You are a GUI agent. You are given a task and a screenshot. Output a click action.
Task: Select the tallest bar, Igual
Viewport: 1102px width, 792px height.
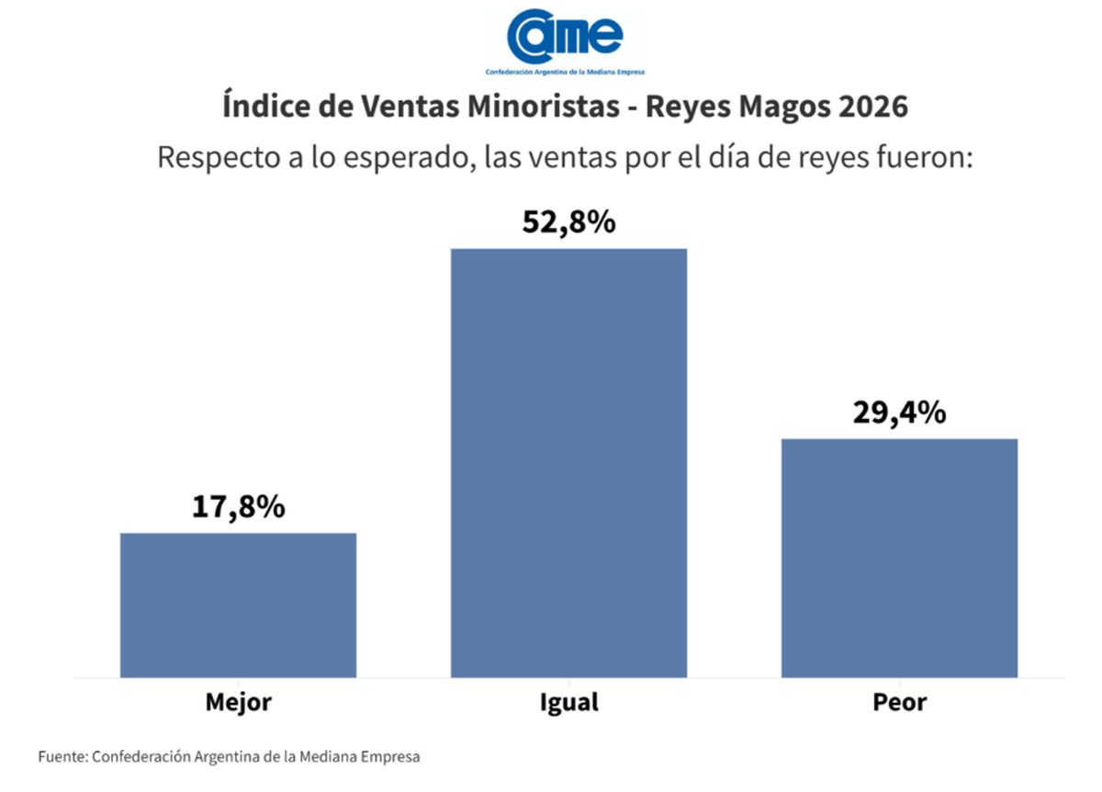568,463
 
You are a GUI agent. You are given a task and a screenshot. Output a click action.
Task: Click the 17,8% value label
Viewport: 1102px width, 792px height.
239,506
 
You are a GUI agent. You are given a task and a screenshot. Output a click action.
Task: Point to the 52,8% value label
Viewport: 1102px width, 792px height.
568,222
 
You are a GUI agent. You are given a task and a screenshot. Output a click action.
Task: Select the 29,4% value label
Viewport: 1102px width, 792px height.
899,413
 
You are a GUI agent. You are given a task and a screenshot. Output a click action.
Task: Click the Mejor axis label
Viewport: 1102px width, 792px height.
238,703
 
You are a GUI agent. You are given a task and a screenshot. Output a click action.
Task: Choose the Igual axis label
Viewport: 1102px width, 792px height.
568,703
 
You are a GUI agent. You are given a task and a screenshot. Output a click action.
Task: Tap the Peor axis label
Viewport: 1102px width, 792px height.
899,703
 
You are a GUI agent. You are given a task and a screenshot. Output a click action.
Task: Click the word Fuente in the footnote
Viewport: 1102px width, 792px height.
62,758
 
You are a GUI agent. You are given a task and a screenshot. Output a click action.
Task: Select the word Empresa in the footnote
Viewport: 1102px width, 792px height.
389,758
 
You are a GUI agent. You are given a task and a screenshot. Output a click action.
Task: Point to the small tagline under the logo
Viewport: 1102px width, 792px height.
566,72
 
